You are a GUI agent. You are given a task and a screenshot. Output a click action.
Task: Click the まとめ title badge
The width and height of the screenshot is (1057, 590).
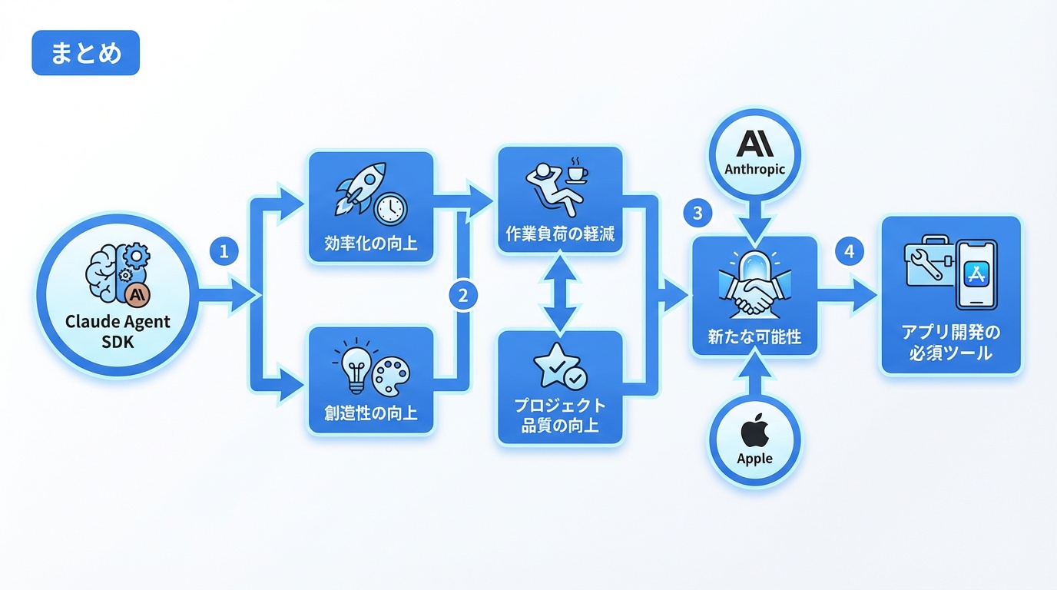[85, 53]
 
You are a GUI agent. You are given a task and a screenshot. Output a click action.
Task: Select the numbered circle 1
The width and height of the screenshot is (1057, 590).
[224, 251]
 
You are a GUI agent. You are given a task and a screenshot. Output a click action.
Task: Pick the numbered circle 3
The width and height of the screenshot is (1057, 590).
[697, 213]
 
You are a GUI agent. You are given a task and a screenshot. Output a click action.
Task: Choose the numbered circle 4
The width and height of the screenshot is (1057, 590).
[849, 251]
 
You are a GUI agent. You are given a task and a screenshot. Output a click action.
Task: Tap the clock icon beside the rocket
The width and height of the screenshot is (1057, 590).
[390, 207]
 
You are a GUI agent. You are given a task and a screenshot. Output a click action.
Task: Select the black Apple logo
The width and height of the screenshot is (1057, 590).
[754, 433]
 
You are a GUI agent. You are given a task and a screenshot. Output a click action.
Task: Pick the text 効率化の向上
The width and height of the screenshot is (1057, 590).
[372, 244]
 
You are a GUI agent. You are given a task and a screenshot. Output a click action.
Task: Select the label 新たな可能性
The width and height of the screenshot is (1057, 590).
[754, 336]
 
